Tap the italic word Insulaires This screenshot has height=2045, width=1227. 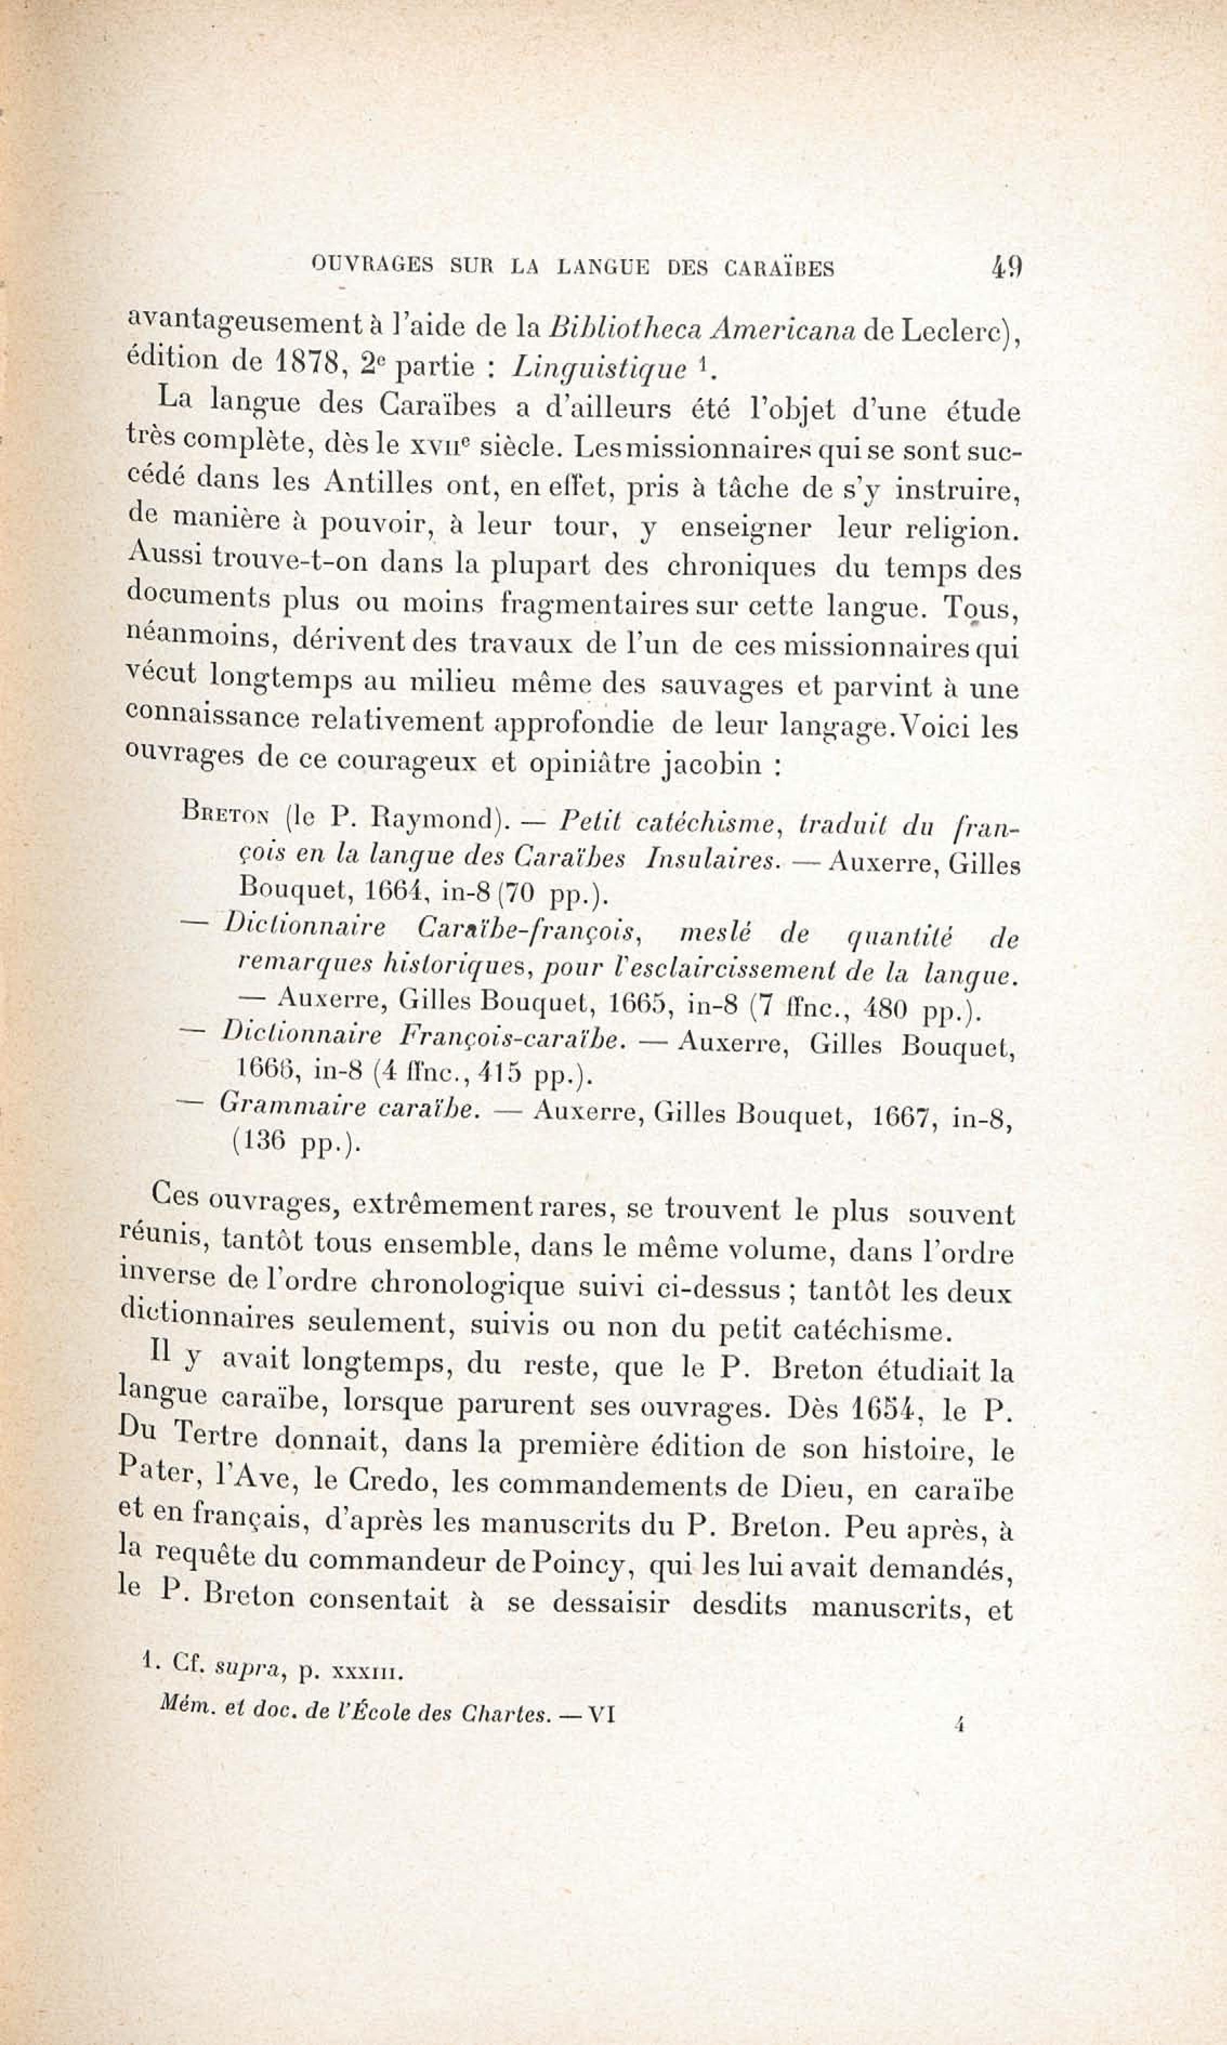click(713, 859)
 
